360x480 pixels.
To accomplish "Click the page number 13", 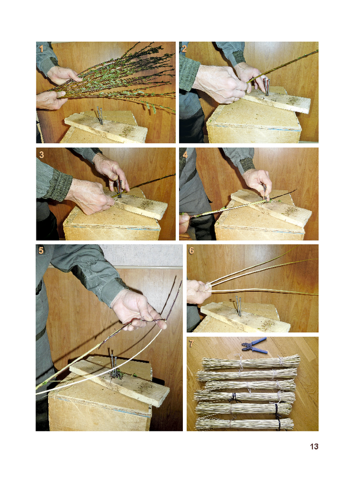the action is [x=314, y=446].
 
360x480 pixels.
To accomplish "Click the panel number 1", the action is [x=41, y=48].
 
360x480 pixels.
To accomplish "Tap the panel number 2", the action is [x=184, y=48].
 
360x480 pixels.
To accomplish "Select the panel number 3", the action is [x=41, y=155].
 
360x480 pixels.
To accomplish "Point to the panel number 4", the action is [x=185, y=155].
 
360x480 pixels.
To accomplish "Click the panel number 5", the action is [x=41, y=251].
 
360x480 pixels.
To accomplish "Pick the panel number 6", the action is [x=192, y=251].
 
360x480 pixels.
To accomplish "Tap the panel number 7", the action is [x=192, y=344].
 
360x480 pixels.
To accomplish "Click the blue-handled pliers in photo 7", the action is [x=254, y=345].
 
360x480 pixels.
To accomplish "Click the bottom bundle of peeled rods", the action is [x=244, y=424].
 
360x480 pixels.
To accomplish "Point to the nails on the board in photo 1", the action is [x=100, y=115].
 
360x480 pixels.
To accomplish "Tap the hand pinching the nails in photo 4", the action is [x=257, y=182].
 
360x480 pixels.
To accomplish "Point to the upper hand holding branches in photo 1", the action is [x=63, y=75].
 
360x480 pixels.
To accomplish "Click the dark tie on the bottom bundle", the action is [x=277, y=423].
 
